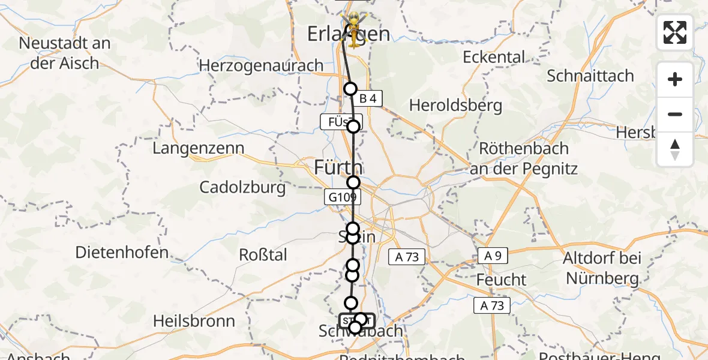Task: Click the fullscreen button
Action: point(675,32)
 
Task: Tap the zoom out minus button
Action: point(675,114)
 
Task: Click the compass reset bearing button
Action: point(675,149)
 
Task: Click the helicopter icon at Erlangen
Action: point(354,30)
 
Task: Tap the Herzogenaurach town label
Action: point(261,65)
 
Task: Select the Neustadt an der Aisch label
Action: point(65,52)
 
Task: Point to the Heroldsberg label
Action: point(455,106)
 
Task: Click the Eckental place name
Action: point(494,57)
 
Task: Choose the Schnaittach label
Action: point(590,76)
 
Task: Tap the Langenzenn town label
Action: point(199,148)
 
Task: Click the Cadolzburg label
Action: point(243,187)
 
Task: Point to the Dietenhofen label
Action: point(122,253)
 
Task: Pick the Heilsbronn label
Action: point(194,321)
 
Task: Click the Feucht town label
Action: point(501,280)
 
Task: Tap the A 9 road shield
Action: point(493,256)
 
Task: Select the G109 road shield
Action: point(342,197)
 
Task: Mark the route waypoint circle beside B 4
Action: point(350,89)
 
